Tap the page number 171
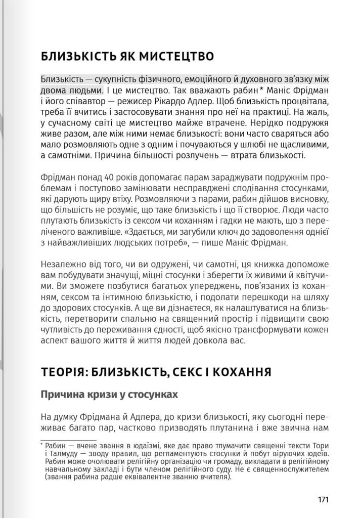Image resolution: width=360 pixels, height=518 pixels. pos(324,500)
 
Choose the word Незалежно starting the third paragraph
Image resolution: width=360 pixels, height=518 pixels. pos(61,265)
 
